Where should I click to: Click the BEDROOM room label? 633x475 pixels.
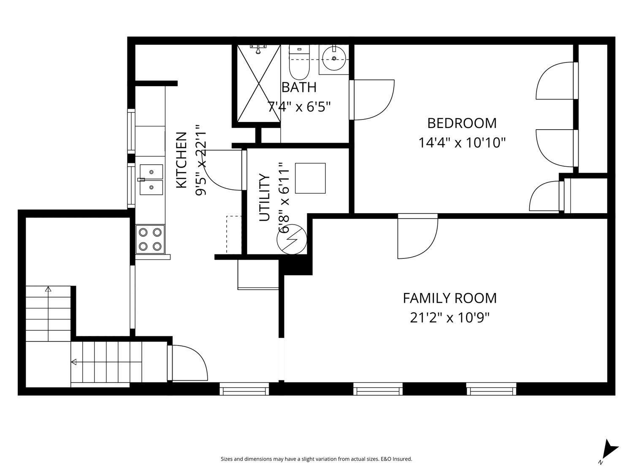pyautogui.click(x=462, y=123)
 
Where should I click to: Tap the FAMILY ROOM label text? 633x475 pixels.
pyautogui.click(x=449, y=298)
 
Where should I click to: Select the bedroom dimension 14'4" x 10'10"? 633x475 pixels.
pyautogui.click(x=462, y=142)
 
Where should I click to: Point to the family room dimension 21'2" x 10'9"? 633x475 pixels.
pyautogui.click(x=450, y=318)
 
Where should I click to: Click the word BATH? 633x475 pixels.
pyautogui.click(x=299, y=87)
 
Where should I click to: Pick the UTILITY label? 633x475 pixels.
pyautogui.click(x=265, y=197)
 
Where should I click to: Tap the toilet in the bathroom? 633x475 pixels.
pyautogui.click(x=299, y=62)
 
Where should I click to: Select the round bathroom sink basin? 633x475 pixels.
pyautogui.click(x=334, y=59)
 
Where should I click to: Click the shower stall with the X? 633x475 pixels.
pyautogui.click(x=259, y=84)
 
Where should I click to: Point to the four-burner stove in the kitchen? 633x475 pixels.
pyautogui.click(x=150, y=239)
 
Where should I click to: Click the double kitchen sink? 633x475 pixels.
pyautogui.click(x=151, y=180)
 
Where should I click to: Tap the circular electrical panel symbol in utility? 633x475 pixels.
pyautogui.click(x=292, y=239)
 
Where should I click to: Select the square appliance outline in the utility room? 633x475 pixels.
pyautogui.click(x=310, y=178)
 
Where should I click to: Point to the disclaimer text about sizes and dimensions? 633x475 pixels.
pyautogui.click(x=316, y=459)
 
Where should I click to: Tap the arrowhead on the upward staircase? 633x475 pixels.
pyautogui.click(x=48, y=289)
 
